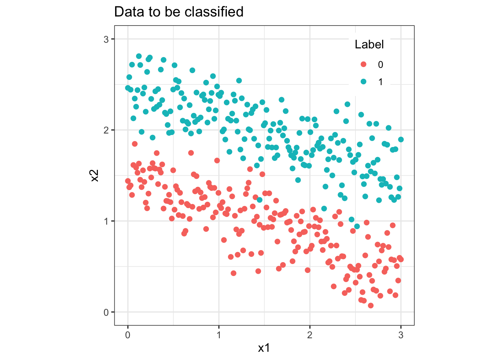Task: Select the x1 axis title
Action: click(264, 348)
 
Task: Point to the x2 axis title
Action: click(95, 175)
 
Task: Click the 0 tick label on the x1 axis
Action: click(128, 335)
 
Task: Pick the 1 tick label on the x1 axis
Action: click(219, 335)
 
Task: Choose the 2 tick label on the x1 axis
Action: click(310, 335)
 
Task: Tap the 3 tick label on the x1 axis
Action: click(401, 335)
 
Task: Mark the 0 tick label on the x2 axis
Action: click(106, 312)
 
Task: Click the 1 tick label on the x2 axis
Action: click(106, 221)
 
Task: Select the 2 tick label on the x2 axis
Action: click(106, 130)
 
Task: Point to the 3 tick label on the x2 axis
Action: click(106, 39)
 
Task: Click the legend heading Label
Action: click(369, 45)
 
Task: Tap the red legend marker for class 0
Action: click(363, 64)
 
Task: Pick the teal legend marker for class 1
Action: click(363, 82)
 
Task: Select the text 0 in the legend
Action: click(381, 65)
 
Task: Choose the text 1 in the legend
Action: click(381, 82)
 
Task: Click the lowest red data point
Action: click(370, 306)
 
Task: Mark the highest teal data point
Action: click(139, 56)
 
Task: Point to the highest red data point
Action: click(135, 144)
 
